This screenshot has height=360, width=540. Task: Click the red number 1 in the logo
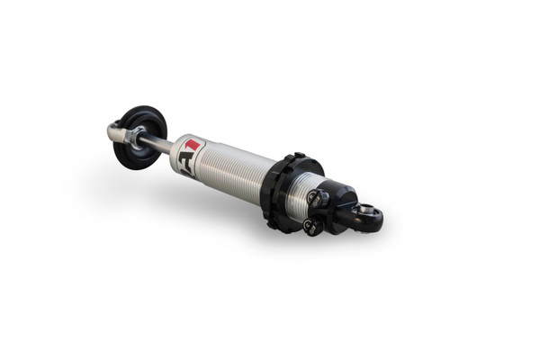click(x=193, y=145)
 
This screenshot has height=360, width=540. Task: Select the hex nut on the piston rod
click(x=135, y=136)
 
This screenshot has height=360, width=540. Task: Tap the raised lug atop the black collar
click(x=299, y=156)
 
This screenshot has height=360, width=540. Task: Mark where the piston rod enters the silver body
click(x=172, y=148)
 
